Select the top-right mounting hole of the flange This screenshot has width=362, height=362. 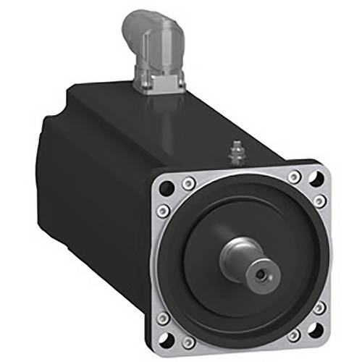(x=316, y=177)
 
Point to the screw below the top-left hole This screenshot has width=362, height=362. (x=164, y=211)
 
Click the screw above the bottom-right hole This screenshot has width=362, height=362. (x=319, y=308)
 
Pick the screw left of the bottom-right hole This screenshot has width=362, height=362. (x=295, y=334)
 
